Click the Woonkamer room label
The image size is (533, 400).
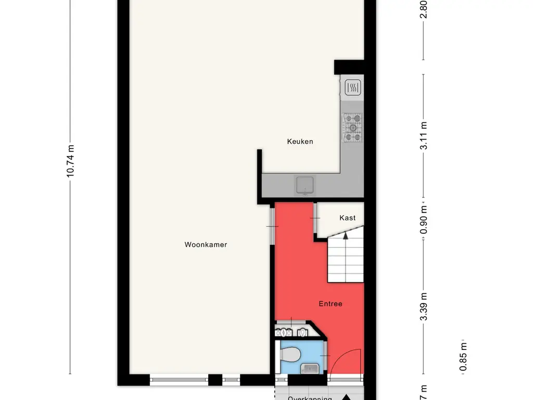tap(206, 244)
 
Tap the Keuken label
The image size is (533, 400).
tap(300, 141)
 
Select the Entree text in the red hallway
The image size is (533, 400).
tap(331, 304)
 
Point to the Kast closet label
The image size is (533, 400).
tap(347, 218)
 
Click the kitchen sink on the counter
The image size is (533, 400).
tap(305, 184)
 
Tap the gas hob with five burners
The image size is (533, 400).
tap(352, 128)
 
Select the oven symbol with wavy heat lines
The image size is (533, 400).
tap(352, 87)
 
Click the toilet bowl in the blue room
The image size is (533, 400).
tap(289, 355)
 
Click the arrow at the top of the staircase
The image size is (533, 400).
tap(346, 237)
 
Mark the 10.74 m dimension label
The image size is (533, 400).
tap(71, 161)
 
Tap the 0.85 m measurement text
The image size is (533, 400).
tap(463, 357)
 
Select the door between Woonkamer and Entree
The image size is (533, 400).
tap(271, 226)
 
